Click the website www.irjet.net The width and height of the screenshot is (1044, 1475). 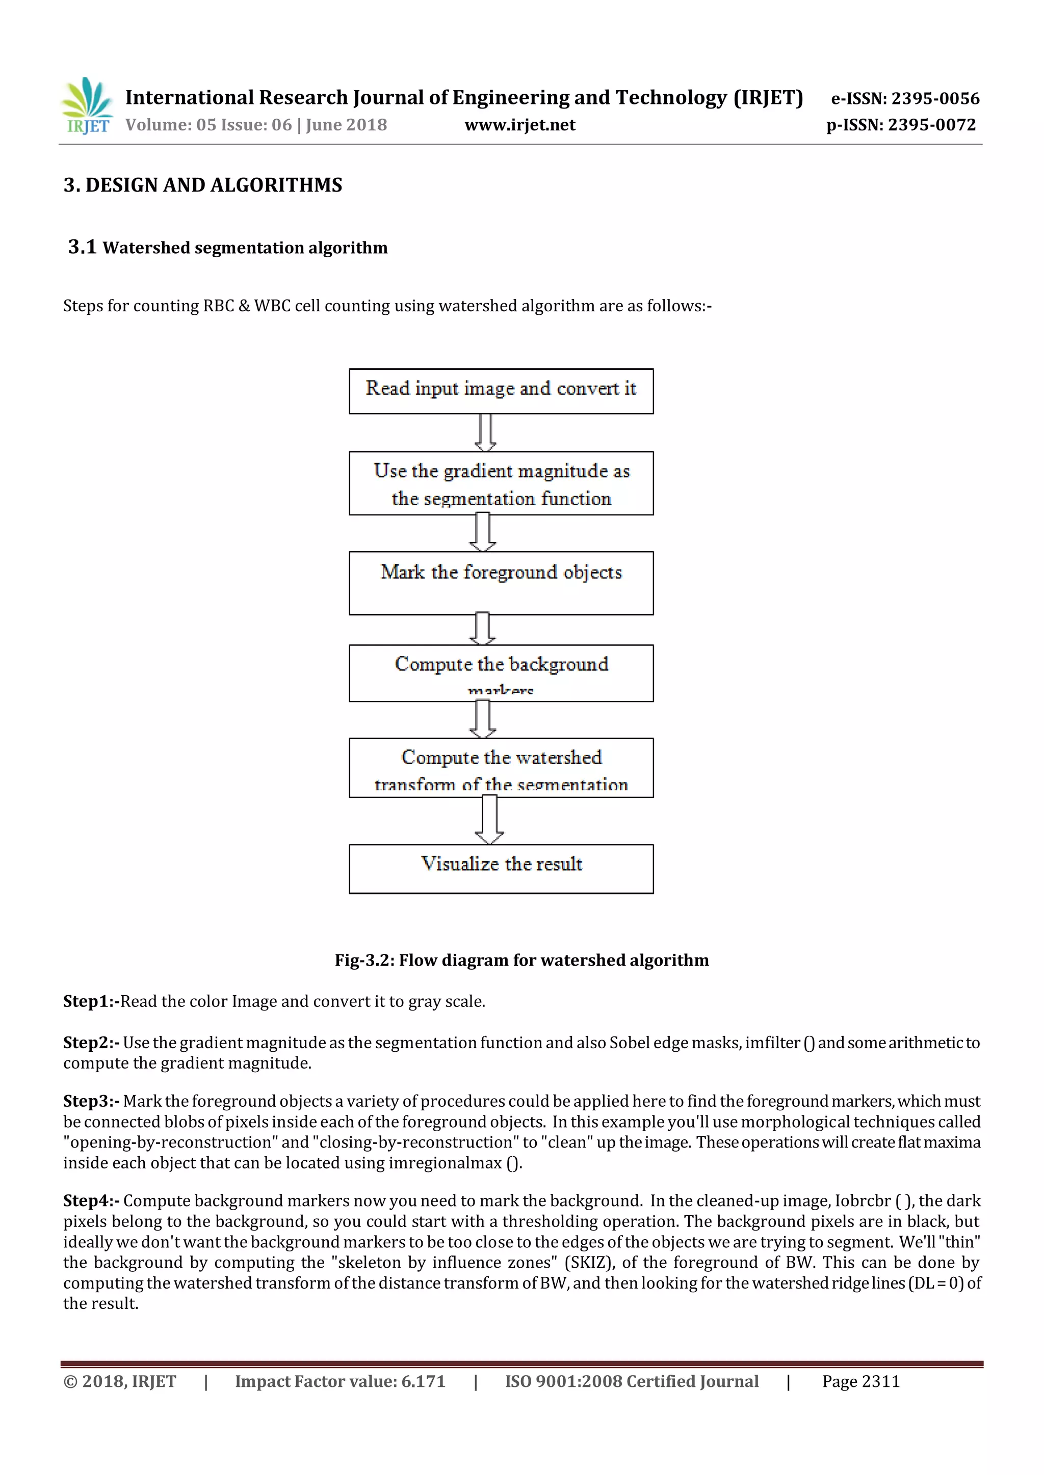coord(519,125)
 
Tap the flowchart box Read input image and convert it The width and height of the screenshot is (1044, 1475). coord(501,391)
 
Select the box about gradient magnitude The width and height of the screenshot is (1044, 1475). coord(501,483)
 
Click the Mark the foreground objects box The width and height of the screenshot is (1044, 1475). coord(501,583)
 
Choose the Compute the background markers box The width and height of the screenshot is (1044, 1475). coord(501,673)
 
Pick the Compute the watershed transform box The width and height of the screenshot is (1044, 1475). coord(501,768)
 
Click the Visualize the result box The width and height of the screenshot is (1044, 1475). coord(501,868)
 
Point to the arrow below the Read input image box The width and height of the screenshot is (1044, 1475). coord(485,432)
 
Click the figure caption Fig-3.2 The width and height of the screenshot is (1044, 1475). coord(521,960)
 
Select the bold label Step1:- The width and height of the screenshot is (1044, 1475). coord(91,1001)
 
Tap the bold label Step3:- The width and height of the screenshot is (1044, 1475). coord(91,1101)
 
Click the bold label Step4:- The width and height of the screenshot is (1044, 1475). coord(91,1200)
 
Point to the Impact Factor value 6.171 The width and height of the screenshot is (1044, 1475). coord(423,1381)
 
